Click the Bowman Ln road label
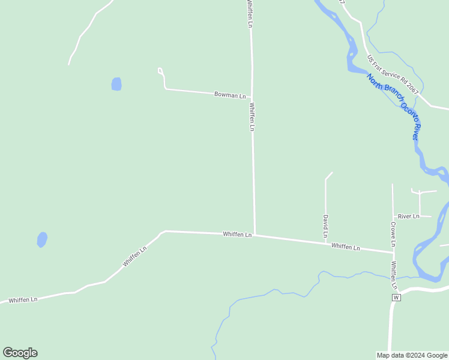[231, 95]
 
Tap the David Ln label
[325, 226]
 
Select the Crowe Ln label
[393, 234]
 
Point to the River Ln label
[408, 216]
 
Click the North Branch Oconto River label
[394, 107]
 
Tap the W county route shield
[396, 298]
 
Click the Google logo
[20, 353]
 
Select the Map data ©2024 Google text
[412, 355]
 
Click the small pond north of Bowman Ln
[116, 84]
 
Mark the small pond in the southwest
[42, 240]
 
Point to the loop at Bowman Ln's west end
[160, 71]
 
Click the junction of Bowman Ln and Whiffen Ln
[252, 98]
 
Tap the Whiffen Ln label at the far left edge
[23, 299]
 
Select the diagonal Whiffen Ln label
[134, 257]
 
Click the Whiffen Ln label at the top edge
[250, 12]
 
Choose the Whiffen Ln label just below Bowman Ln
[252, 117]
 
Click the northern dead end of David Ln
[331, 173]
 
